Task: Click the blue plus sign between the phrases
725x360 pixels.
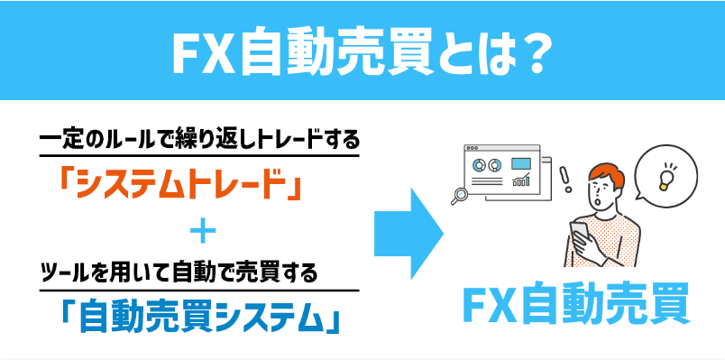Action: [205, 234]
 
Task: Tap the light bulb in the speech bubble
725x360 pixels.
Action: [665, 175]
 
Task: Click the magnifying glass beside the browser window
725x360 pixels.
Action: [461, 191]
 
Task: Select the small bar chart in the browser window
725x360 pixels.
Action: [520, 180]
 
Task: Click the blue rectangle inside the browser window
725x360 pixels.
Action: [520, 163]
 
